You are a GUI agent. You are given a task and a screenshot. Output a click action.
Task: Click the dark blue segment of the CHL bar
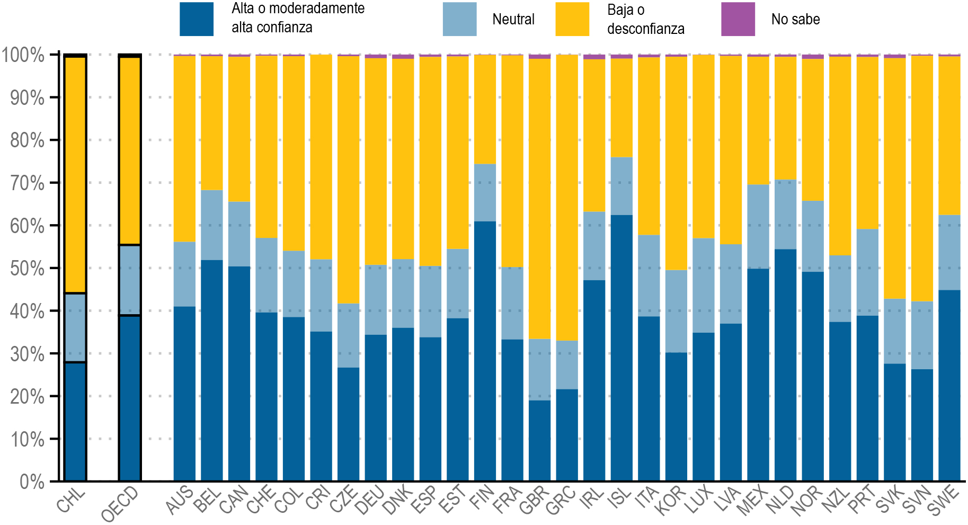[75, 421]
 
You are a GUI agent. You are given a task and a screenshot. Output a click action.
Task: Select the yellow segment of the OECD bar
[130, 151]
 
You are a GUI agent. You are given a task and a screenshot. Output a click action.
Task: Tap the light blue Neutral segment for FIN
[485, 193]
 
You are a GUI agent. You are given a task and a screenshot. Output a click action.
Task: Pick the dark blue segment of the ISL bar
[621, 348]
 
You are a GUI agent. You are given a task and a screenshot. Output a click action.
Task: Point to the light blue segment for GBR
[539, 369]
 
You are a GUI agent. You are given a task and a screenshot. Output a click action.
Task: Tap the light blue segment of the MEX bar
[758, 227]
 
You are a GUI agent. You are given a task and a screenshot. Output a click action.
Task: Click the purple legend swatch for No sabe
[738, 19]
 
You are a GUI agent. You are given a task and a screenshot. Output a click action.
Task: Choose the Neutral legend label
[513, 20]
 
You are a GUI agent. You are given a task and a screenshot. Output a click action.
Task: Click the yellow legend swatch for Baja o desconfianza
[572, 19]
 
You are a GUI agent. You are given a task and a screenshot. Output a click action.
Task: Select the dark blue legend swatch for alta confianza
[197, 19]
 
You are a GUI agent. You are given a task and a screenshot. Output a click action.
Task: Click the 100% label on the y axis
[23, 55]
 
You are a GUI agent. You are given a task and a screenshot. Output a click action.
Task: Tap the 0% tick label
[32, 482]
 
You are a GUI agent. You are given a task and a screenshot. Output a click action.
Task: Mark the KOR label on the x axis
[671, 501]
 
